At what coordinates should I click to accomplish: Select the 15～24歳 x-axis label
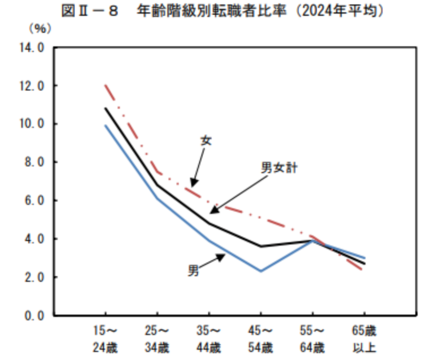click(x=105, y=339)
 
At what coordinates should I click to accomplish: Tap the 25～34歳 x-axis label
click(x=157, y=339)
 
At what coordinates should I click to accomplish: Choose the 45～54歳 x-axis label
click(x=260, y=339)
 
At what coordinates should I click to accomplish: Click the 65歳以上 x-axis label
click(x=364, y=339)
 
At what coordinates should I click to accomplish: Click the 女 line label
click(x=206, y=141)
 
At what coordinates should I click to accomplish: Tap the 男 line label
click(x=193, y=271)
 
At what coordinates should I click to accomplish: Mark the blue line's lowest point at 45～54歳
click(x=260, y=271)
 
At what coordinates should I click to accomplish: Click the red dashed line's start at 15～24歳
click(x=105, y=85)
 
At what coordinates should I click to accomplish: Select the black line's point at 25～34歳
click(x=157, y=185)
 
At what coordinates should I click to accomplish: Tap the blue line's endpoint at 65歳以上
click(x=364, y=258)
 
